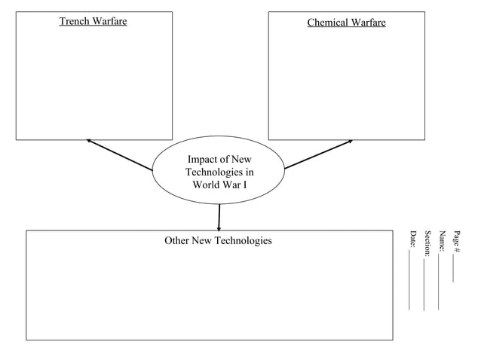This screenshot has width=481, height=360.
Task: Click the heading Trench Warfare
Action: tap(93, 21)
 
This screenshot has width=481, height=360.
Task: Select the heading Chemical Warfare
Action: tap(346, 23)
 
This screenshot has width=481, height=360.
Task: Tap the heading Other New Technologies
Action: tap(218, 240)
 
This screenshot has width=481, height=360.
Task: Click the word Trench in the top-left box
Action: tap(75, 21)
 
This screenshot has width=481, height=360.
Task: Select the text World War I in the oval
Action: tap(219, 185)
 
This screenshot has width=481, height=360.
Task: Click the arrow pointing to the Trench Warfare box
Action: tap(121, 155)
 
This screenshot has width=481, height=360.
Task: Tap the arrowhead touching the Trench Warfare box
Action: tap(90, 141)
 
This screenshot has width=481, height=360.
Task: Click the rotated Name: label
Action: tap(443, 241)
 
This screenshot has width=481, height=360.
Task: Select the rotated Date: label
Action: tap(412, 239)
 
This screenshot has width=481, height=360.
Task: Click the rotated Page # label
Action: tap(457, 242)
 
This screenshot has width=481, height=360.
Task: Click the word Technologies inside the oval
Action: tap(219, 172)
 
